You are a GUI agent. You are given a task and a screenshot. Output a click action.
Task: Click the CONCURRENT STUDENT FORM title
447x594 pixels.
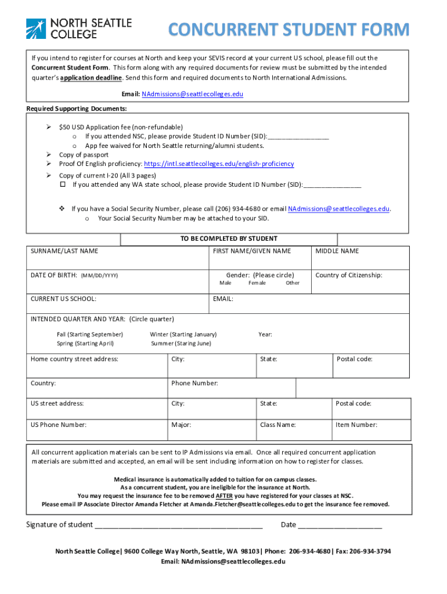tap(289, 29)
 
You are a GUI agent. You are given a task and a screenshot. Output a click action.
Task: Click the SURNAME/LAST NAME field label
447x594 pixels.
tap(64, 251)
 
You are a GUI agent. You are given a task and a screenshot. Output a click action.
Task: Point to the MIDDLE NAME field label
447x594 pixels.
tap(337, 251)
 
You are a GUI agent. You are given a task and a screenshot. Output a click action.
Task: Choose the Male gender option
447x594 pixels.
tap(225, 283)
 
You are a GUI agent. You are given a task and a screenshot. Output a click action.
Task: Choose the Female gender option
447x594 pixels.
tap(257, 283)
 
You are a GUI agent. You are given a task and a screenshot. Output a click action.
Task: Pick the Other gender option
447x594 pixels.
tap(293, 283)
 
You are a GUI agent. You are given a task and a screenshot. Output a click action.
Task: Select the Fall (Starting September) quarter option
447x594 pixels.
tap(90, 335)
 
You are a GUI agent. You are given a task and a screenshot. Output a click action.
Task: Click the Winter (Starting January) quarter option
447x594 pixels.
tap(183, 335)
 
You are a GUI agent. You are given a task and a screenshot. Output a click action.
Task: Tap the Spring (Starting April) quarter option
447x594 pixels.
tap(85, 343)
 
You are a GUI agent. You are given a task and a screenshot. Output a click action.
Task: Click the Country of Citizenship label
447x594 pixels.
tap(349, 276)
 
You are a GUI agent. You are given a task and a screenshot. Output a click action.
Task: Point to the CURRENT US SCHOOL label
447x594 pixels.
tap(64, 299)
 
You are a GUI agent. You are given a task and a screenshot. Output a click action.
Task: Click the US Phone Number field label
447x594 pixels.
tap(59, 425)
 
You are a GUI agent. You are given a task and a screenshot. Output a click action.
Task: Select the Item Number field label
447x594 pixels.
tap(356, 425)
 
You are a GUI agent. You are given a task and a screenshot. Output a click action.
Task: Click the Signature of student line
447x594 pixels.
tap(178, 526)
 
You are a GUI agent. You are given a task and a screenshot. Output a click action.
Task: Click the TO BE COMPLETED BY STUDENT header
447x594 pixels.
tap(229, 239)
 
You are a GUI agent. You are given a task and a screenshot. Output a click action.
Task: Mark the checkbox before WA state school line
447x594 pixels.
tap(63, 185)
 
